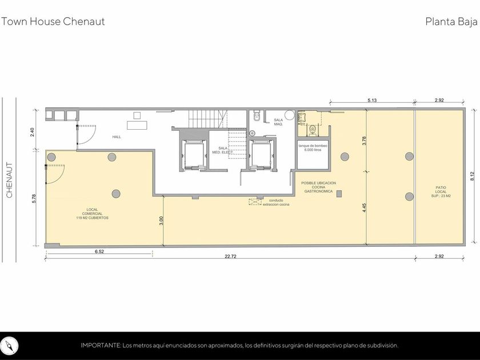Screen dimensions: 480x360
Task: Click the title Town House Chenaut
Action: pyautogui.click(x=53, y=22)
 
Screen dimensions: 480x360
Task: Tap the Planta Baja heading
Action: pyautogui.click(x=451, y=22)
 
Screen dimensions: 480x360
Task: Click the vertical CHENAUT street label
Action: pyautogui.click(x=10, y=180)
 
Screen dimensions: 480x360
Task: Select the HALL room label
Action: pyautogui.click(x=117, y=137)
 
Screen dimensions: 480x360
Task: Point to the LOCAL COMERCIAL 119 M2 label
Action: pyautogui.click(x=92, y=214)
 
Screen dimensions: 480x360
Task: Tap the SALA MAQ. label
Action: pyautogui.click(x=278, y=122)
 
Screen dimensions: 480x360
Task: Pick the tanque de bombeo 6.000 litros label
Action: pyautogui.click(x=313, y=148)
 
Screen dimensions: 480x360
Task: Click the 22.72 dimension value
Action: pyautogui.click(x=230, y=257)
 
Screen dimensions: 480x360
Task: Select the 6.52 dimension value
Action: pyautogui.click(x=99, y=251)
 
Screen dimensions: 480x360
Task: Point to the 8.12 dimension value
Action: pyautogui.click(x=473, y=176)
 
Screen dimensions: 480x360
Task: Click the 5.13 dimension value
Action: pyautogui.click(x=372, y=101)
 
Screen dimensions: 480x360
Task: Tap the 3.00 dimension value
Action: pyautogui.click(x=162, y=221)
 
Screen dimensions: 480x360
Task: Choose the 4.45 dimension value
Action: pyautogui.click(x=364, y=208)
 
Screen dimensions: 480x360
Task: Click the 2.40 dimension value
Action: pyautogui.click(x=33, y=132)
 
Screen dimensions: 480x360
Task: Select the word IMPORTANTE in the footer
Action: pyautogui.click(x=101, y=346)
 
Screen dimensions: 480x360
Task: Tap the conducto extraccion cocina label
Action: pyautogui.click(x=276, y=202)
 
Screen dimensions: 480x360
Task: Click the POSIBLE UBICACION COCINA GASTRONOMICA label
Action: pyautogui.click(x=318, y=187)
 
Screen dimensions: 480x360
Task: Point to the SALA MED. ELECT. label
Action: pyautogui.click(x=223, y=150)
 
